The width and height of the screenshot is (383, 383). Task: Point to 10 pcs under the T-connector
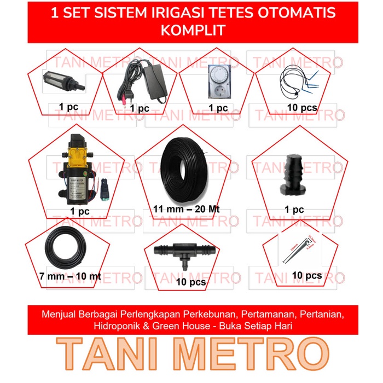pos(191,282)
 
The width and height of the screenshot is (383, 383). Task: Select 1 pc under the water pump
pos(80,211)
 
